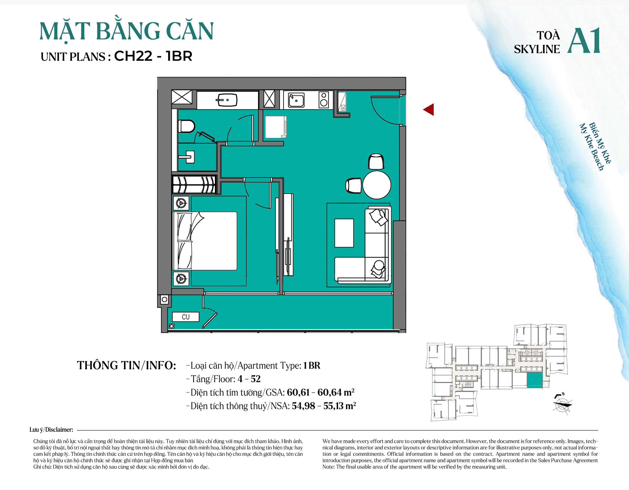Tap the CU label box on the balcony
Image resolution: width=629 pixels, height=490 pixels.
[186, 317]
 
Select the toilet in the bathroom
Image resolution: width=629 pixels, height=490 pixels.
[186, 126]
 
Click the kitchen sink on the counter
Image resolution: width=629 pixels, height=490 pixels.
[296, 100]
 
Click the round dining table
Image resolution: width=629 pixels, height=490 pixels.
[376, 185]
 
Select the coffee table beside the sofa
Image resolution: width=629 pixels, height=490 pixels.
[344, 233]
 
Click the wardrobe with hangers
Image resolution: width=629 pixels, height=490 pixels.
[194, 184]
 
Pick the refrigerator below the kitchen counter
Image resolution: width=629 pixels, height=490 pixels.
[276, 127]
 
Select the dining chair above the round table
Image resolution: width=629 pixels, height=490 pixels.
[376, 162]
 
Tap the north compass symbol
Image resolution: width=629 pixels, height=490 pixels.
[562, 404]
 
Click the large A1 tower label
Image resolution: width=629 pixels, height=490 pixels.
[584, 41]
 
